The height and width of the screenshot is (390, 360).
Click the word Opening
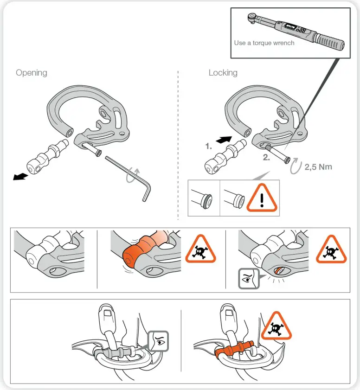pos(32,73)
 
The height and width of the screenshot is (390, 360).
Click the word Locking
pos(223,73)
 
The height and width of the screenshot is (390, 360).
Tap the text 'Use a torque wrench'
pos(264,43)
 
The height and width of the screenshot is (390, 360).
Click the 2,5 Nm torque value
pos(318,166)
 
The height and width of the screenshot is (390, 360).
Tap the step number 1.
pos(209,146)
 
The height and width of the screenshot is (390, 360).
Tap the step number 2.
pos(266,157)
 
